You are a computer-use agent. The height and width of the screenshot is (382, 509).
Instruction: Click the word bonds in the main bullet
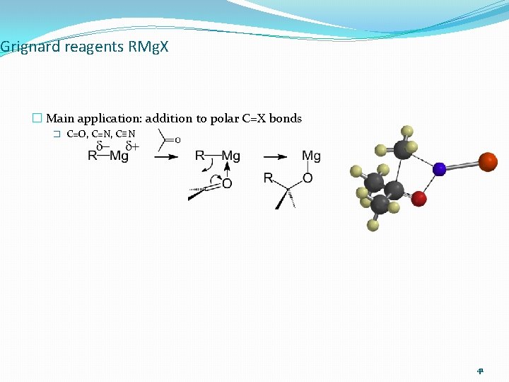click(x=285, y=119)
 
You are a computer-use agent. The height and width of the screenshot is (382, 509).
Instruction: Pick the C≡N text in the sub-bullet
click(x=125, y=134)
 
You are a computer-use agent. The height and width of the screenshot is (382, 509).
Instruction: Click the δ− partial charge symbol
click(x=103, y=146)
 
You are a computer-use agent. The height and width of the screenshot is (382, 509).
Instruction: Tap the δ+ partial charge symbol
click(x=131, y=146)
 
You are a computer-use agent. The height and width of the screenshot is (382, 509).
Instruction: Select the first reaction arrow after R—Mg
click(x=166, y=157)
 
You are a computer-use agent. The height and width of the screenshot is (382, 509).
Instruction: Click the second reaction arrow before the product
click(x=275, y=157)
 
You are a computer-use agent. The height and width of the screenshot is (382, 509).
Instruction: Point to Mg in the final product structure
click(x=311, y=156)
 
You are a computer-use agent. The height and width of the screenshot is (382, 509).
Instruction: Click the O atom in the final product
click(x=308, y=178)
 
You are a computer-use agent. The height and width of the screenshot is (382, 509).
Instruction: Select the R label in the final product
click(x=268, y=178)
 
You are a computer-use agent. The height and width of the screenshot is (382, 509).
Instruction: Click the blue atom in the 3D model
click(x=439, y=169)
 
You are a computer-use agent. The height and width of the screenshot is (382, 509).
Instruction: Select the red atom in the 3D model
click(x=419, y=199)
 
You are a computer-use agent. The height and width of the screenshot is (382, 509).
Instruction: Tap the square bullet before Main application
click(x=37, y=119)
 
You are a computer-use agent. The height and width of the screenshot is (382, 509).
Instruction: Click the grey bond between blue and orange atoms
click(x=462, y=166)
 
